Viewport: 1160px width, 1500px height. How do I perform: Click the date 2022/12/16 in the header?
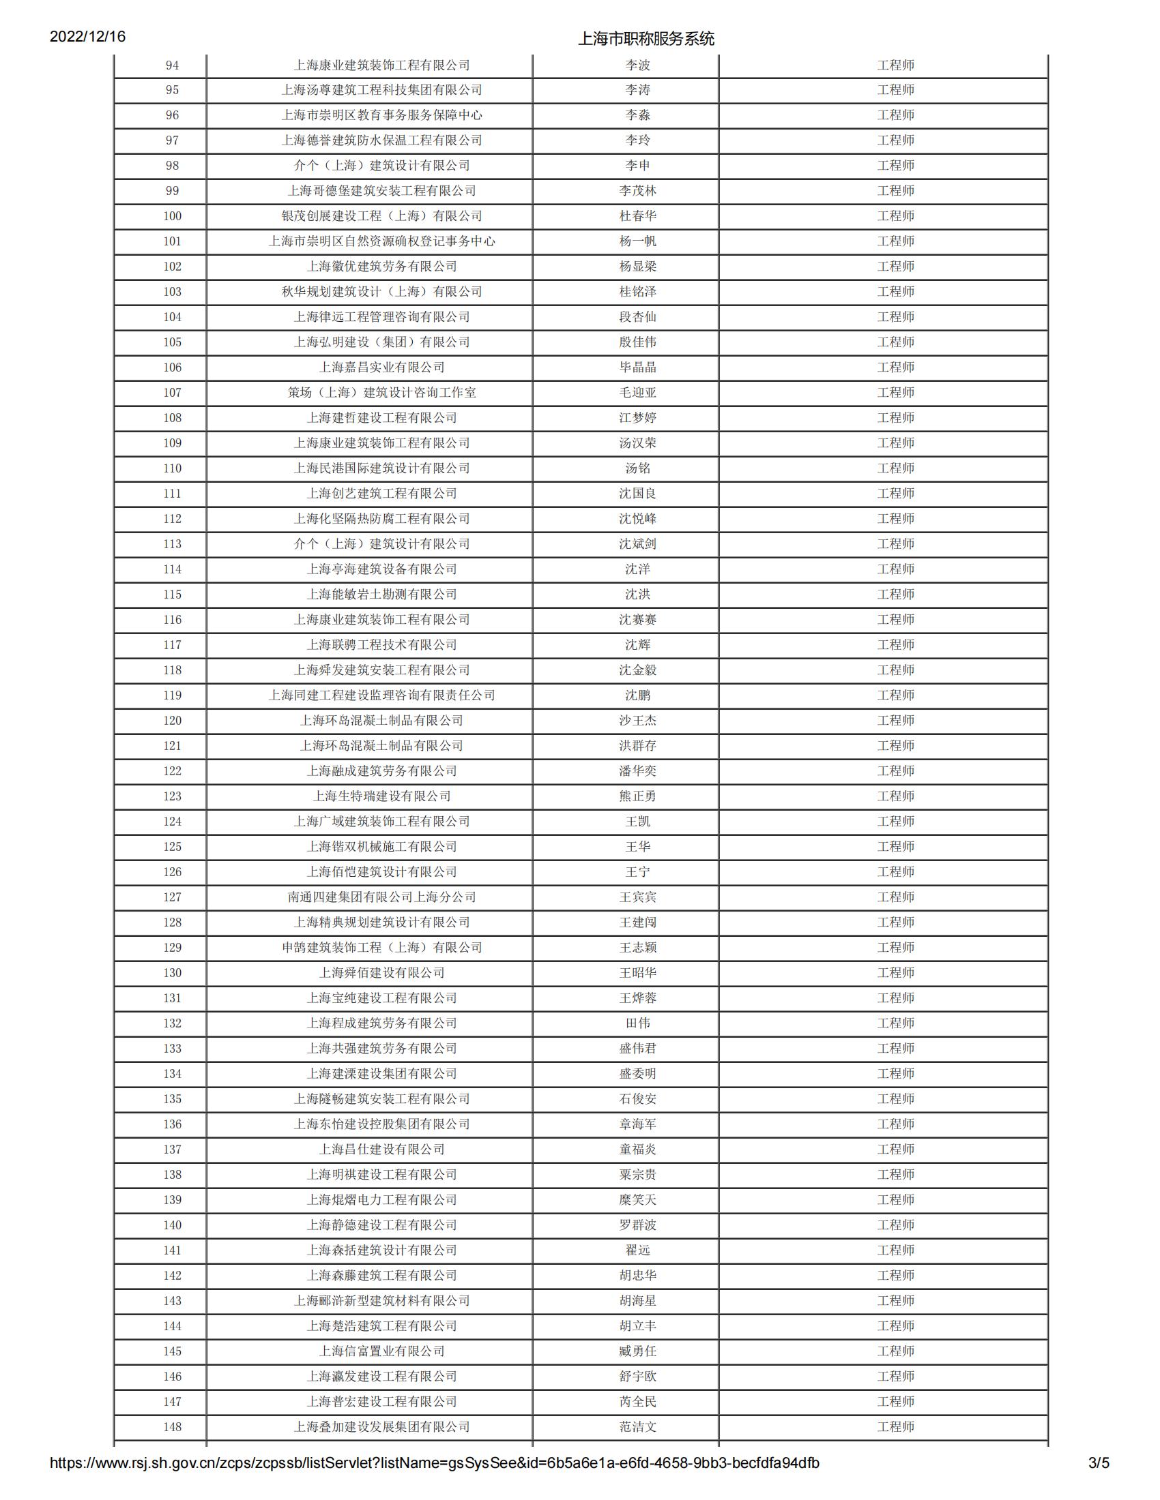(87, 36)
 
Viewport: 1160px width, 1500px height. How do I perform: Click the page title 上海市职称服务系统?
(646, 39)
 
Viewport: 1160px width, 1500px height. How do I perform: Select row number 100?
(172, 216)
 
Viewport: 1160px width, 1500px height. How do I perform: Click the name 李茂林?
(637, 191)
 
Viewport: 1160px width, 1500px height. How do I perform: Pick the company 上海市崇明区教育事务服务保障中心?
(381, 115)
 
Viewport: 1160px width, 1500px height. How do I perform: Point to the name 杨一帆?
(637, 241)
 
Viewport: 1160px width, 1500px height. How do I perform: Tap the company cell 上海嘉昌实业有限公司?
(381, 367)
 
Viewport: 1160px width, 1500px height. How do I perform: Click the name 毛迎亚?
(637, 393)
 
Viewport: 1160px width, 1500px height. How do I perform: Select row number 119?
(172, 695)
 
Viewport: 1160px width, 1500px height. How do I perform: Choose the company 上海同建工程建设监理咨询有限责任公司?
(381, 695)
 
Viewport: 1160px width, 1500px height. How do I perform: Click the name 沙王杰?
(637, 721)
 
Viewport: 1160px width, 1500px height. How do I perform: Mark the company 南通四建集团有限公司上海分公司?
(381, 897)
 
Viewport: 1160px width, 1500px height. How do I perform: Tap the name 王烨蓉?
(637, 998)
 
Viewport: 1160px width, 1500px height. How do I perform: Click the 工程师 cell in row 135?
(895, 1099)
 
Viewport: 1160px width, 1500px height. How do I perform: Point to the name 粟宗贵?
(637, 1175)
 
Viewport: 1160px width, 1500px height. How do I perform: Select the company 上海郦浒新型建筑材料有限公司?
(381, 1301)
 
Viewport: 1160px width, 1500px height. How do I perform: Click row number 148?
(172, 1426)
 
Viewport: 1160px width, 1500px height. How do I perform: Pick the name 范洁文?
(637, 1426)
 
